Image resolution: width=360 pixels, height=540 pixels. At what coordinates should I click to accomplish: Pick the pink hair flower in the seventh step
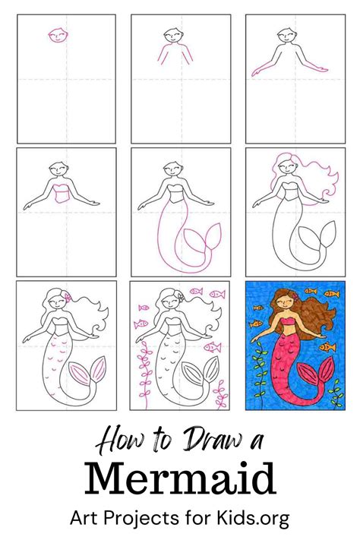coord(68,296)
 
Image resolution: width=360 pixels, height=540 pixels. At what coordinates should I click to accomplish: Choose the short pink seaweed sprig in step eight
coord(220,393)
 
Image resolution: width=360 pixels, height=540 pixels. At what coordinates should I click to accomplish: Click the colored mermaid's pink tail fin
coord(316,373)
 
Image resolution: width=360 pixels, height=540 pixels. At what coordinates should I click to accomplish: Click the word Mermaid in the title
coord(180,478)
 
